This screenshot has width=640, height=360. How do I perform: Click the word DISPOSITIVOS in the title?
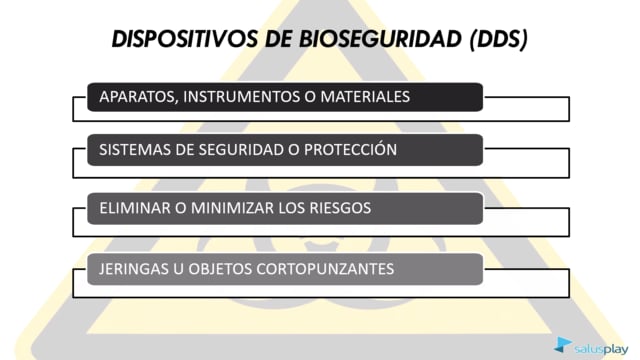(185, 39)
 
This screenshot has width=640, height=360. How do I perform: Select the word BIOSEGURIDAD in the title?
(380, 39)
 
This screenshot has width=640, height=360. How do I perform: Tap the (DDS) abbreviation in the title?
(499, 40)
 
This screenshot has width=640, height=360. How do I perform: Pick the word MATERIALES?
(365, 97)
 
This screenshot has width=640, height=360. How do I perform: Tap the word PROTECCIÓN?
(350, 149)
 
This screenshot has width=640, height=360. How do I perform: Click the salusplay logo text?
(601, 349)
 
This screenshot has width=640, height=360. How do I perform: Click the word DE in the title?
(278, 39)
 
